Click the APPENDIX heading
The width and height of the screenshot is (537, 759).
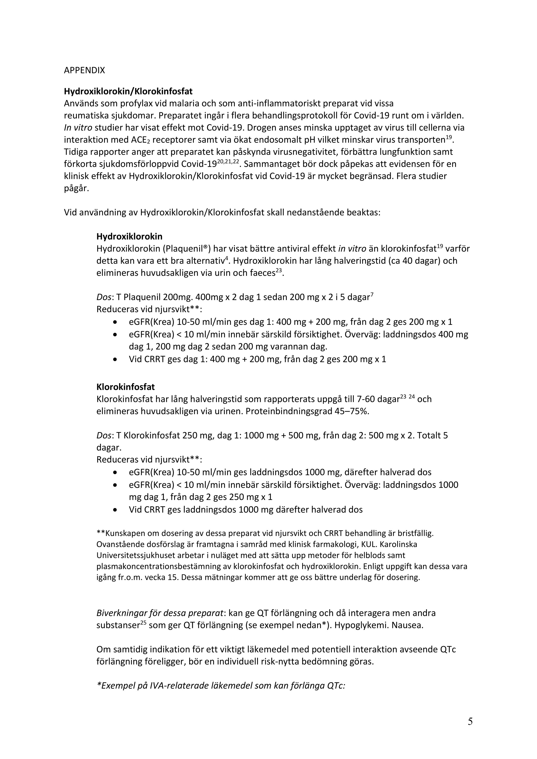click(x=84, y=70)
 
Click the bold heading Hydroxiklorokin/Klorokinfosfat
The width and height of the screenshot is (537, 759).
click(x=128, y=91)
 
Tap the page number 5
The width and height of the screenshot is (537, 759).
click(x=470, y=721)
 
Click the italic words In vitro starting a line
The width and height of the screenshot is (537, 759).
click(x=78, y=128)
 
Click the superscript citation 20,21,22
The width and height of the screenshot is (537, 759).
click(x=228, y=161)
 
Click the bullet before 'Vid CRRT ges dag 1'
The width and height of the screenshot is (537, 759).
click(x=115, y=359)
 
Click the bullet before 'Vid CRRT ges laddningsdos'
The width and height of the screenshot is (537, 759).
click(x=115, y=510)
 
